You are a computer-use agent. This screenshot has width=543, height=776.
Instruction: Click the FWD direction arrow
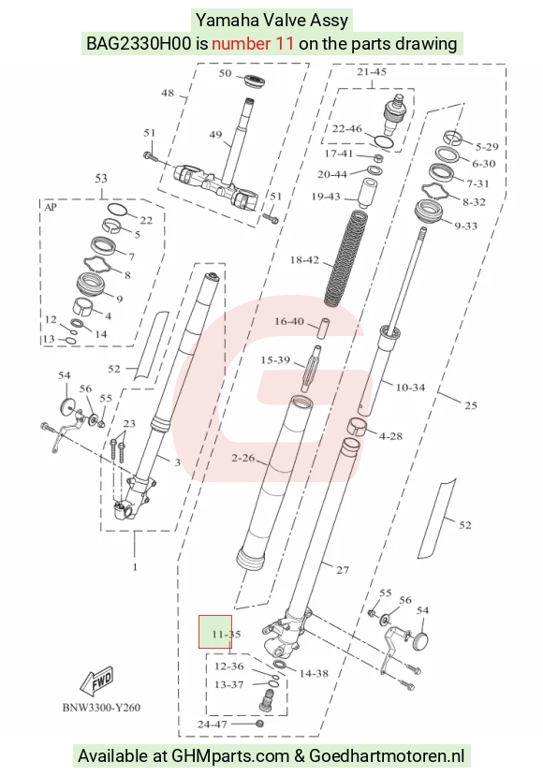(97, 682)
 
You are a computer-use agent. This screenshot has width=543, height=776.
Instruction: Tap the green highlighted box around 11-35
(215, 632)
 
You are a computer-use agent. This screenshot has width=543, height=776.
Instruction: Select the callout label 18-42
(304, 260)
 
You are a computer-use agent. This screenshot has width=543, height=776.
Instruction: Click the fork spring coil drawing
(346, 257)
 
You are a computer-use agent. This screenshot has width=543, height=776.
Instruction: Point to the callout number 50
(226, 73)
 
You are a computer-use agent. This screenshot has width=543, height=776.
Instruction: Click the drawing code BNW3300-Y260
(101, 708)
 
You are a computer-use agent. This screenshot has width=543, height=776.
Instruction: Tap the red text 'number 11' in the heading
(253, 44)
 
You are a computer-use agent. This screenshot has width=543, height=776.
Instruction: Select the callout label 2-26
(243, 459)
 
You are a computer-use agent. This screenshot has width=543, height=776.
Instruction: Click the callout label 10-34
(410, 388)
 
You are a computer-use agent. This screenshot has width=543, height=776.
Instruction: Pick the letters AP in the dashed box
(51, 208)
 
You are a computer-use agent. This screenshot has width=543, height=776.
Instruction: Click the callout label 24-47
(213, 725)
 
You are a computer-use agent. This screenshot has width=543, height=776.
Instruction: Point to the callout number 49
(215, 135)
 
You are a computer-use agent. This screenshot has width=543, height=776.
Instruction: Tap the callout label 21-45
(372, 72)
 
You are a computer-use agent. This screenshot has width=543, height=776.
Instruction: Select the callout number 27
(343, 570)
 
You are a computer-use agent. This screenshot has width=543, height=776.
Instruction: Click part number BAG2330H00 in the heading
(139, 44)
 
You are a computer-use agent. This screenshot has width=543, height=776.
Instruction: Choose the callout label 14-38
(314, 674)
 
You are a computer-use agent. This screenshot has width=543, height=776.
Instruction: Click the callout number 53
(101, 178)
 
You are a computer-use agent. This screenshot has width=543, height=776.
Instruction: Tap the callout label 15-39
(275, 360)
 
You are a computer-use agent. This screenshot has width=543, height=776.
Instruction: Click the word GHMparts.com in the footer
(230, 756)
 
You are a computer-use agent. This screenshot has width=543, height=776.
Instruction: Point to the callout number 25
(471, 406)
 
